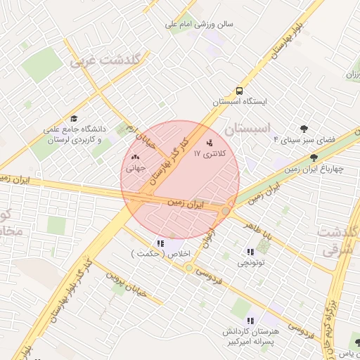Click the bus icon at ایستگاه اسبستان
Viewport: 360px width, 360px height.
pyautogui.click(x=240, y=91)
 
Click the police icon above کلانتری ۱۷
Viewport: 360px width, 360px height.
pyautogui.click(x=209, y=143)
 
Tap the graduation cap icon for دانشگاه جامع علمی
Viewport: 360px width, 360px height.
pyautogui.click(x=74, y=119)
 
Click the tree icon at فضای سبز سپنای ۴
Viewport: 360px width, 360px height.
pyautogui.click(x=304, y=129)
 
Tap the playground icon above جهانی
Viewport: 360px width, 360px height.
pyautogui.click(x=135, y=158)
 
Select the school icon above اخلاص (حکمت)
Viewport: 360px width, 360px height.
pyautogui.click(x=162, y=243)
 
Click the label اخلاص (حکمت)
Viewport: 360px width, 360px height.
pyautogui.click(x=162, y=254)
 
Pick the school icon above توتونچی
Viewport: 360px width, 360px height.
pyautogui.click(x=250, y=252)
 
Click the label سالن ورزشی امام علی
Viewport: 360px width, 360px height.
pyautogui.click(x=199, y=23)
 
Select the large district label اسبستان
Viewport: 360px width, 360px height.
pyautogui.click(x=250, y=129)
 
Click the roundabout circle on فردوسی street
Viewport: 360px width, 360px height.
pyautogui.click(x=189, y=268)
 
